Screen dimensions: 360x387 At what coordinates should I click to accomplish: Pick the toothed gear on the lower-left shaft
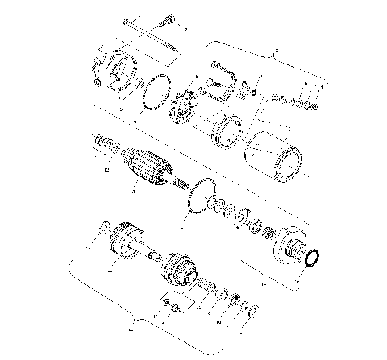coord(125,242)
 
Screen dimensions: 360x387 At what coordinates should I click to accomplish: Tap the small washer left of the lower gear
coord(102,227)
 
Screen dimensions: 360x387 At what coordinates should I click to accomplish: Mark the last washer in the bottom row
coord(253,312)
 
